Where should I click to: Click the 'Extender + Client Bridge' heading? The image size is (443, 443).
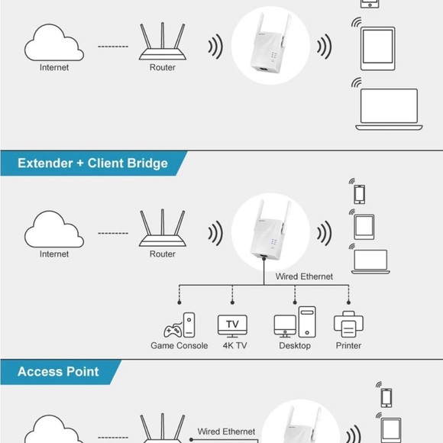coord(92,163)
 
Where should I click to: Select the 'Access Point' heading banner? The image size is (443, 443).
coord(58,372)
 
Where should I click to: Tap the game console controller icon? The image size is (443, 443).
coord(179,326)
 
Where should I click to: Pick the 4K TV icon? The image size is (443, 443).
coord(232,325)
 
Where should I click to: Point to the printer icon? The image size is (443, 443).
coord(348,325)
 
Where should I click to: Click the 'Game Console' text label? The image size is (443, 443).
coord(179,346)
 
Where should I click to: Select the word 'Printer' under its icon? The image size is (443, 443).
coord(348,346)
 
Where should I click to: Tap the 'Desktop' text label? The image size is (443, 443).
coord(295,346)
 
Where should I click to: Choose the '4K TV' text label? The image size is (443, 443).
coord(234,346)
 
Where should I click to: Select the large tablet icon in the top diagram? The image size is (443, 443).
coord(377,49)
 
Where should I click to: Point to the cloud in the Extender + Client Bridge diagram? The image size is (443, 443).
coord(53,229)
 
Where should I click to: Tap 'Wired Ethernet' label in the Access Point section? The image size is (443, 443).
coord(226,432)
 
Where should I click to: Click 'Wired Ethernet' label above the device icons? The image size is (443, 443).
coord(304,276)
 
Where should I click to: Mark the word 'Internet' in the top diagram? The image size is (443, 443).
coord(53,68)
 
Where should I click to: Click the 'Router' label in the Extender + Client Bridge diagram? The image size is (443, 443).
coord(162,254)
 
